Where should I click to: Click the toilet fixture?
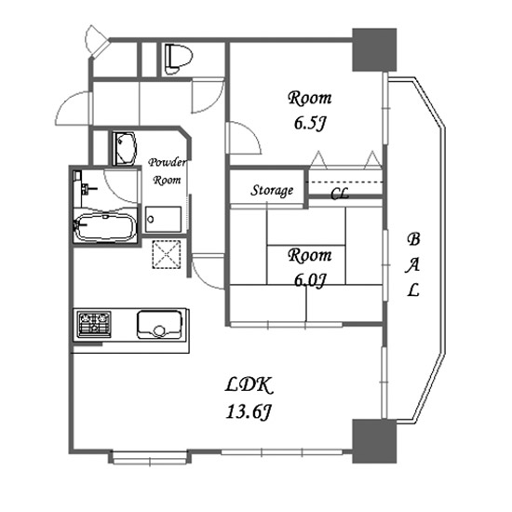coord(179,60)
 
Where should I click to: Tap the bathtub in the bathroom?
coord(106,227)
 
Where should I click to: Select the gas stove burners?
coord(94,324)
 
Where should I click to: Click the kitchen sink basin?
coord(159,325)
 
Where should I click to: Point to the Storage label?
coord(272,190)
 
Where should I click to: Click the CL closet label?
coord(340,194)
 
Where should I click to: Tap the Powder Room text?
coord(168,171)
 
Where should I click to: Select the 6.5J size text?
coord(310,123)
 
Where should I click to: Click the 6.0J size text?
coord(310,280)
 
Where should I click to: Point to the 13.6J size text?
coord(249,411)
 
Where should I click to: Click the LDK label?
coord(249,385)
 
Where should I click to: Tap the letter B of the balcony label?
coord(413,239)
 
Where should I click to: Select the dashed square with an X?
coord(167,254)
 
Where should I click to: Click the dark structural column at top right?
coord(374,49)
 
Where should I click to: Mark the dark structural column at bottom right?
coord(374,441)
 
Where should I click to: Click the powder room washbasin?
coord(124,148)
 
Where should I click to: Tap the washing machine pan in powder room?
coord(163,219)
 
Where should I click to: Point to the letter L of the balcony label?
coord(413,290)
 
